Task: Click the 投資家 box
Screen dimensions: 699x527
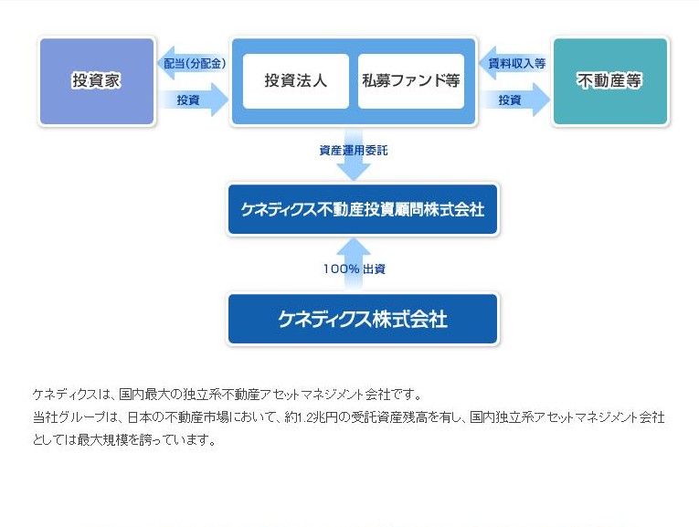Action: pos(97,81)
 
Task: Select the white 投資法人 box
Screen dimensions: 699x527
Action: pos(295,81)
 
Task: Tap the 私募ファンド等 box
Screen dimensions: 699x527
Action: pos(411,81)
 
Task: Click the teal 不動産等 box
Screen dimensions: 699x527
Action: pos(609,81)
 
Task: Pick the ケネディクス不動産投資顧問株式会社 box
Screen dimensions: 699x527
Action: pos(363,209)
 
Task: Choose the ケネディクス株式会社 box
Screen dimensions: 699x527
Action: pos(363,319)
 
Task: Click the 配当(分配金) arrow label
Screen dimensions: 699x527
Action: pos(195,63)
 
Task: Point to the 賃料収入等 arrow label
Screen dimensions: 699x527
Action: pos(516,63)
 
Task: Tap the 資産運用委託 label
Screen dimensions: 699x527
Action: pos(354,151)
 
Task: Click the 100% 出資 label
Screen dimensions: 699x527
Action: pos(355,269)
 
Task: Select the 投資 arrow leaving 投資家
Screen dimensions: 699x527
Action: pos(194,100)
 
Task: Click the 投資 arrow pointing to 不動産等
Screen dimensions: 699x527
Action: pos(515,100)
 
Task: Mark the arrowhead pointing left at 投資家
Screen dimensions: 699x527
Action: pos(165,63)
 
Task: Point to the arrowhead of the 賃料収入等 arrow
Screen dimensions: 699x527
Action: pos(488,63)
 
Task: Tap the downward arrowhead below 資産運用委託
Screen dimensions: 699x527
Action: pos(354,172)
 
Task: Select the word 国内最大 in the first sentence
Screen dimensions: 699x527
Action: pos(141,395)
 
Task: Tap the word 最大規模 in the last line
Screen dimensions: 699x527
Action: pos(99,440)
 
